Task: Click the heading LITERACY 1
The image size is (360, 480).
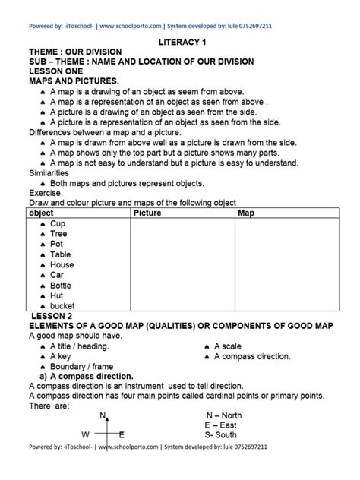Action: point(180,46)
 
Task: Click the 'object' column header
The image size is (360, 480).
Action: point(40,213)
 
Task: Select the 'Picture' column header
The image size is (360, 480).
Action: point(147,213)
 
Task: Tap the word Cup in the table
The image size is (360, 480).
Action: point(58,224)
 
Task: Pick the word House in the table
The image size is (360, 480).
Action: point(62,265)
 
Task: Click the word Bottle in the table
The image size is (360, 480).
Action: point(62,286)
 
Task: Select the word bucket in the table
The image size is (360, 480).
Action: point(63,306)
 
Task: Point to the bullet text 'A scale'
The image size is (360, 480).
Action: point(227,346)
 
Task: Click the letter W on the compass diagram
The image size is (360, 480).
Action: point(85,434)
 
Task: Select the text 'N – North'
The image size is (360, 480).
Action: point(223,415)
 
